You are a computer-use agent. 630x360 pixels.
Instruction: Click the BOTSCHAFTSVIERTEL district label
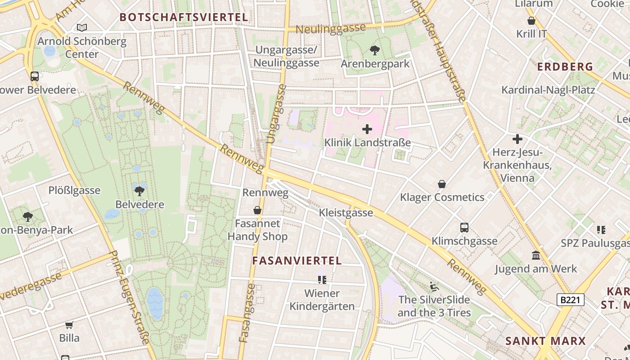[x=184, y=18]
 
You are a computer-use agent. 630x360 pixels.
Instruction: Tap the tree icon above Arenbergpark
[x=374, y=50]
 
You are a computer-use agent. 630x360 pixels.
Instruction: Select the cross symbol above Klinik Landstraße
[x=367, y=130]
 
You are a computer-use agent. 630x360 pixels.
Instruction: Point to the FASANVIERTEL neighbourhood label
[x=297, y=261]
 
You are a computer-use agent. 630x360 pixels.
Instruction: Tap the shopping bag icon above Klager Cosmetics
[x=442, y=184]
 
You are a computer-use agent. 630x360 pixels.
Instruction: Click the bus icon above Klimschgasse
[x=464, y=228]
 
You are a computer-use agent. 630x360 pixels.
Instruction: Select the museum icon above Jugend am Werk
[x=535, y=256]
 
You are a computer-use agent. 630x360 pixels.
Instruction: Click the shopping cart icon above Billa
[x=69, y=325]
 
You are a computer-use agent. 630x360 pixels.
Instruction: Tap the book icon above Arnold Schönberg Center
[x=81, y=28]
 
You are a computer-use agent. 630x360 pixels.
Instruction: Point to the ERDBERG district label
[x=565, y=67]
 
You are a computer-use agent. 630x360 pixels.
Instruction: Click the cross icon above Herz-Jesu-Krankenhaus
[x=517, y=139]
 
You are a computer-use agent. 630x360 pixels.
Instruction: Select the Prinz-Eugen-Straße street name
[x=129, y=297]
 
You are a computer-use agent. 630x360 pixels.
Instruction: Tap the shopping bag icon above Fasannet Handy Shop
[x=257, y=210]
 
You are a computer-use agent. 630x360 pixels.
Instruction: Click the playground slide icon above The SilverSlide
[x=434, y=286]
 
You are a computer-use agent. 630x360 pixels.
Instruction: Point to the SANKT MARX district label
[x=545, y=341]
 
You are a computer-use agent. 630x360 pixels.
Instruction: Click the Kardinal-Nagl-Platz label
[x=548, y=90]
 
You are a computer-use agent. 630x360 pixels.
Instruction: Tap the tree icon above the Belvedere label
[x=139, y=190]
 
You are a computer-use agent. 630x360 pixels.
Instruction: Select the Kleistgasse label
[x=346, y=212]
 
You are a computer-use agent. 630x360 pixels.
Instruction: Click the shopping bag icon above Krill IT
[x=531, y=21]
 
